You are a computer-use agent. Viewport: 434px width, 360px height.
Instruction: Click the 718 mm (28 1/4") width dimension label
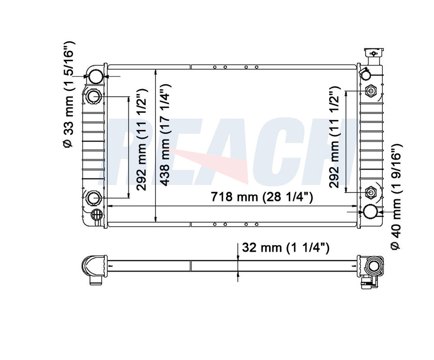tap(262, 197)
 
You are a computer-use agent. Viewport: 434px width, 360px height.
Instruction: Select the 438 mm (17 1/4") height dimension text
tap(165, 135)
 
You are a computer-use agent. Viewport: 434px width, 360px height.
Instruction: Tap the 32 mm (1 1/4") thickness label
tap(286, 247)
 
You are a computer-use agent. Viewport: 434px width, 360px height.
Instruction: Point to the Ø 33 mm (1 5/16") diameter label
tap(68, 95)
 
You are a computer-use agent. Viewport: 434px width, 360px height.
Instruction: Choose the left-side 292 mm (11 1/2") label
tap(142, 140)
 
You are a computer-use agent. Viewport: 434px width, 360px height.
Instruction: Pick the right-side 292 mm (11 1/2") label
tap(334, 137)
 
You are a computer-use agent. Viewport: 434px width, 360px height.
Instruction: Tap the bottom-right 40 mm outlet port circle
tap(370, 212)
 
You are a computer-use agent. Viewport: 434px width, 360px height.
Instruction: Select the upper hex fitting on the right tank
tap(370, 91)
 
